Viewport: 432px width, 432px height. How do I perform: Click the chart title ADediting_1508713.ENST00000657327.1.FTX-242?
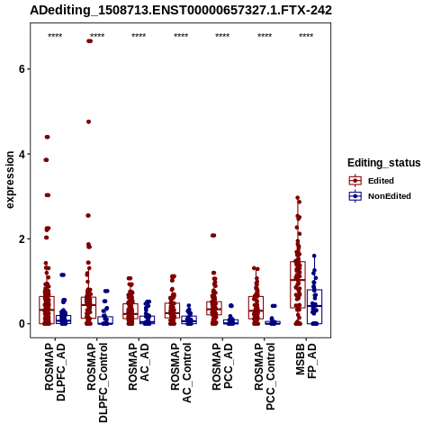(181, 11)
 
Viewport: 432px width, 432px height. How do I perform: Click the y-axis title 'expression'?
(10, 180)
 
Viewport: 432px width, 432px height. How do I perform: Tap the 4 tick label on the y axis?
(22, 154)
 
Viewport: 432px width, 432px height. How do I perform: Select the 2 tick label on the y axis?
(22, 239)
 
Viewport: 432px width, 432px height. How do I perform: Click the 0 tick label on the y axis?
(22, 324)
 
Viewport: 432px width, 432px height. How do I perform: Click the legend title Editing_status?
(384, 163)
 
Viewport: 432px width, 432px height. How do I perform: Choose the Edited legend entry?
(381, 181)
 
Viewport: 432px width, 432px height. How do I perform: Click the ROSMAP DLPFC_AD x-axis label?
(55, 373)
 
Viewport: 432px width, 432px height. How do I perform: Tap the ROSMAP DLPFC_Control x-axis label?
(97, 382)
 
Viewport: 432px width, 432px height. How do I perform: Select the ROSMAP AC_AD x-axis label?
(139, 366)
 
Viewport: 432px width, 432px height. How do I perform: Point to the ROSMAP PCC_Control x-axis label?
(265, 376)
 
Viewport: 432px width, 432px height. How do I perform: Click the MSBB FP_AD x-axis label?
(306, 361)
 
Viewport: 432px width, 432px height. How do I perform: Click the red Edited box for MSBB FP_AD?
(298, 284)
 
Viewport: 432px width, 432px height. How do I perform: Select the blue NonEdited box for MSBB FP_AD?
(314, 307)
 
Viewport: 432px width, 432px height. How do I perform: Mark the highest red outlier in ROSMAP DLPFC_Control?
(89, 41)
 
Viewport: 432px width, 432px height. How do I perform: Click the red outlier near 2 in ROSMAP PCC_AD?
(213, 236)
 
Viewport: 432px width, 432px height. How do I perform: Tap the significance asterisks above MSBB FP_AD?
(306, 36)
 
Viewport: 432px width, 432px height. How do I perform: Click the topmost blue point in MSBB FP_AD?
(314, 256)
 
